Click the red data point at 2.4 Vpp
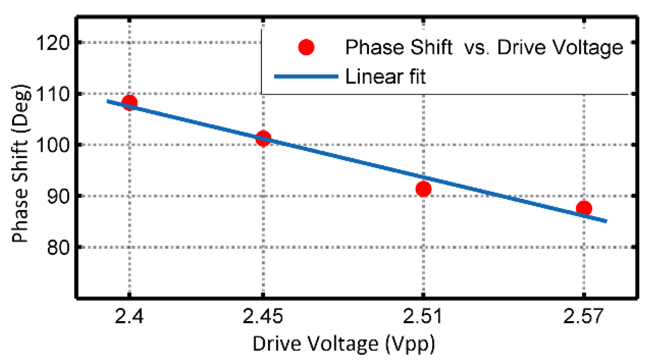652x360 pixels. click(129, 102)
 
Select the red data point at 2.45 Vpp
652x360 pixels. click(263, 138)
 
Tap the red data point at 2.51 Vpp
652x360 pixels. click(423, 189)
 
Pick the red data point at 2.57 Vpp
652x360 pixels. click(584, 208)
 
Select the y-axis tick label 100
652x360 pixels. click(53, 145)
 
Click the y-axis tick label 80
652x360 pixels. click(58, 247)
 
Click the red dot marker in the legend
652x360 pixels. click(306, 47)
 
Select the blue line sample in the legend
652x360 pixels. click(306, 77)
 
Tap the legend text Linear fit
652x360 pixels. click(385, 77)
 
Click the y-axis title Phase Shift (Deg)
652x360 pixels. click(21, 163)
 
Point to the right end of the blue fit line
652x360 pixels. click(606, 221)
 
